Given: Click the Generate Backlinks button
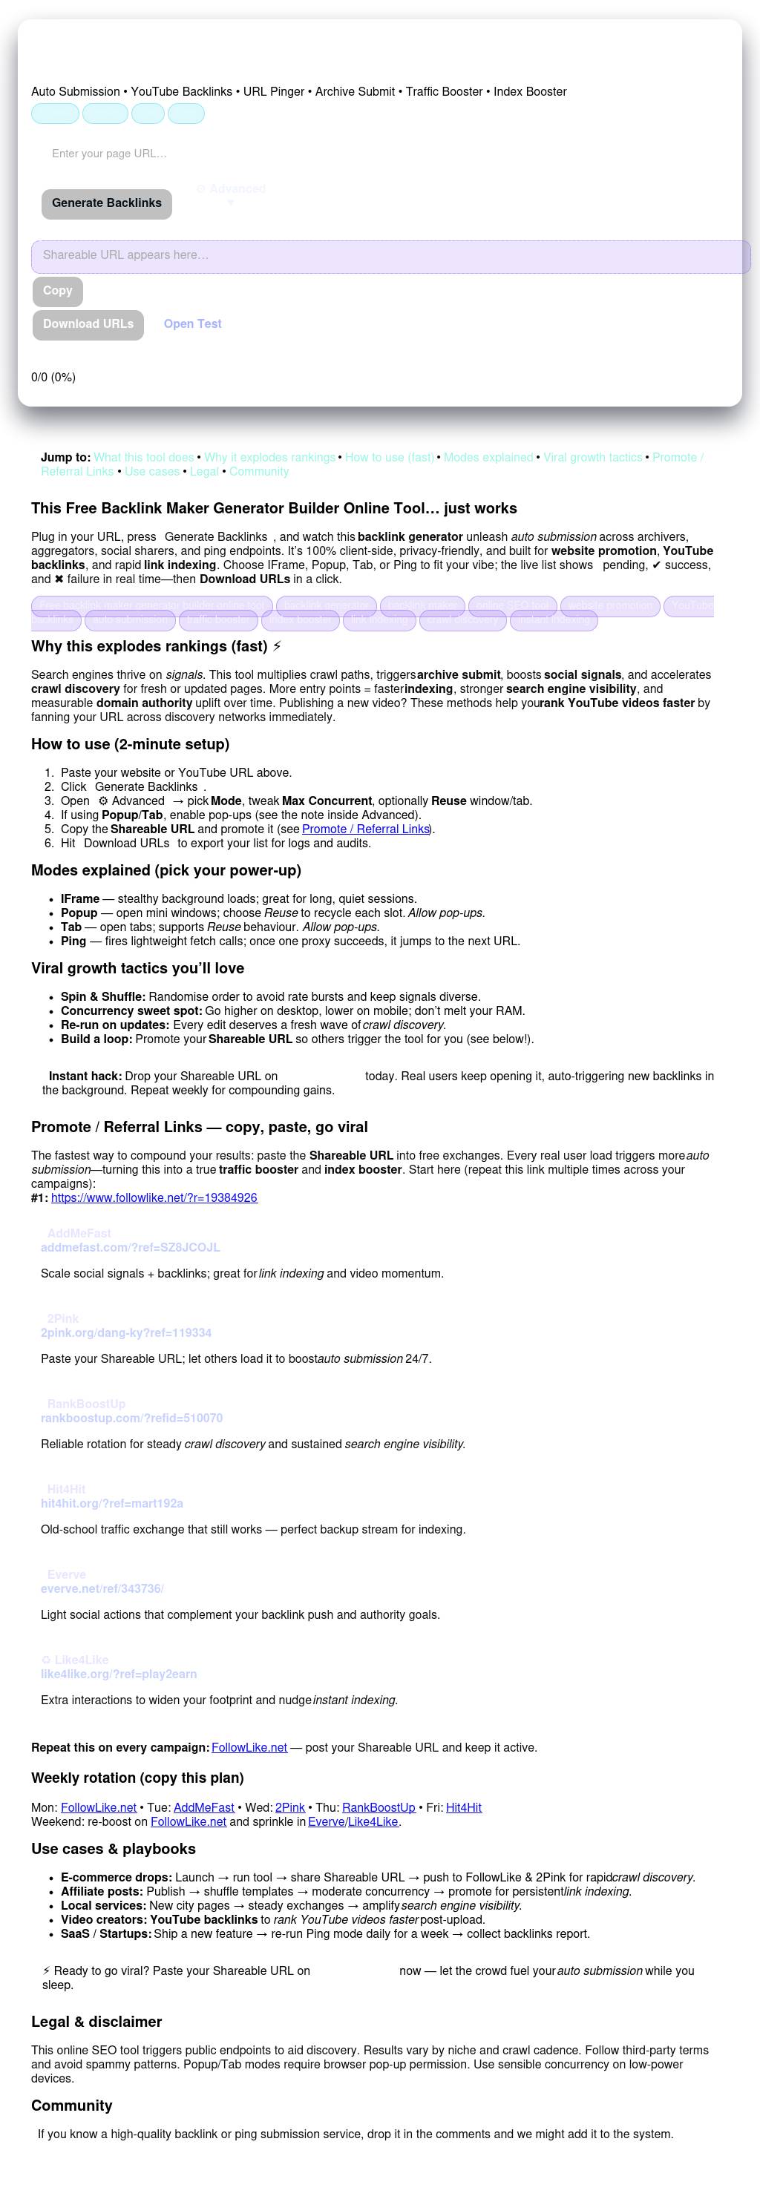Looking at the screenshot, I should coord(107,203).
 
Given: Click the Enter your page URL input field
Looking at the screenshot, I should coord(171,154).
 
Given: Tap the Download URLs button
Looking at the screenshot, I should coord(88,324).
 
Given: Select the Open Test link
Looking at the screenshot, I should coord(192,324).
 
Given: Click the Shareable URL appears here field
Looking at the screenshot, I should coord(390,256).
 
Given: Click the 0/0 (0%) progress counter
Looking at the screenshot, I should coord(53,378).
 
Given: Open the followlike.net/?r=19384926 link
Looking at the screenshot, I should coord(154,1197).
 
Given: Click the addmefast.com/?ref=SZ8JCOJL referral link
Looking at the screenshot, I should coord(130,1247).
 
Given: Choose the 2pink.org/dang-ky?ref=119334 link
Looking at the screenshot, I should coord(125,1332).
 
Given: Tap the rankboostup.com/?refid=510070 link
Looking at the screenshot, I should coord(131,1418).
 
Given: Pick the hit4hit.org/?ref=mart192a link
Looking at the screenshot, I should coord(112,1503).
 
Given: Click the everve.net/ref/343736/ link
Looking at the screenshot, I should coord(102,1588).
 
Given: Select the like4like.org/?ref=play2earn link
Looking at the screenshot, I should coord(119,1674).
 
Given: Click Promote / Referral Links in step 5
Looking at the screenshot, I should coord(364,829).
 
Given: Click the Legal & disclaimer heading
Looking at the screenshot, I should coord(96,2022).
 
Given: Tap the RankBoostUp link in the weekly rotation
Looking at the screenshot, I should coord(379,1807).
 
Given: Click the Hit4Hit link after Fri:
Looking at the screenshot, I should coord(463,1807).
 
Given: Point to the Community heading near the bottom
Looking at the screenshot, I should coord(72,2106).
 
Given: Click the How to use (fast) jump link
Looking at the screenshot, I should coord(390,458).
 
